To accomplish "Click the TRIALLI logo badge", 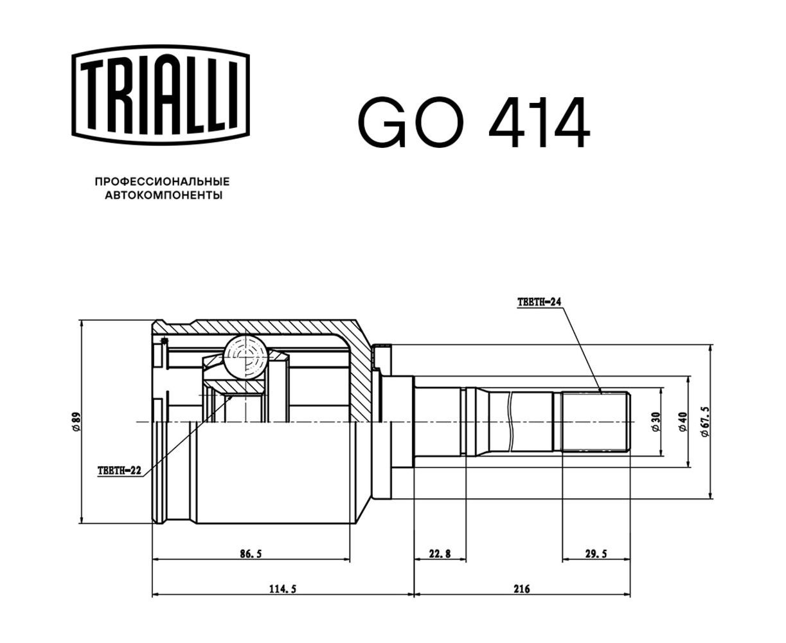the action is tap(160, 95).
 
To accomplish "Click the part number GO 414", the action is tap(473, 122).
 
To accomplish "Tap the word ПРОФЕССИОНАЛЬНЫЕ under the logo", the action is tap(162, 181).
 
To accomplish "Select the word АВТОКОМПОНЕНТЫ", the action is tap(164, 195).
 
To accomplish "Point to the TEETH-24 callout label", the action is tap(539, 302).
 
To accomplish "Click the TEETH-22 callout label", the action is tap(120, 471).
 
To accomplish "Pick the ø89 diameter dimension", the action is tap(76, 422).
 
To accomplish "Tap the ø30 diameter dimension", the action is tap(656, 422).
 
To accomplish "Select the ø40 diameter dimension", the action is tap(683, 422).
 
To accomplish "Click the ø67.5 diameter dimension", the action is tap(705, 422).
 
